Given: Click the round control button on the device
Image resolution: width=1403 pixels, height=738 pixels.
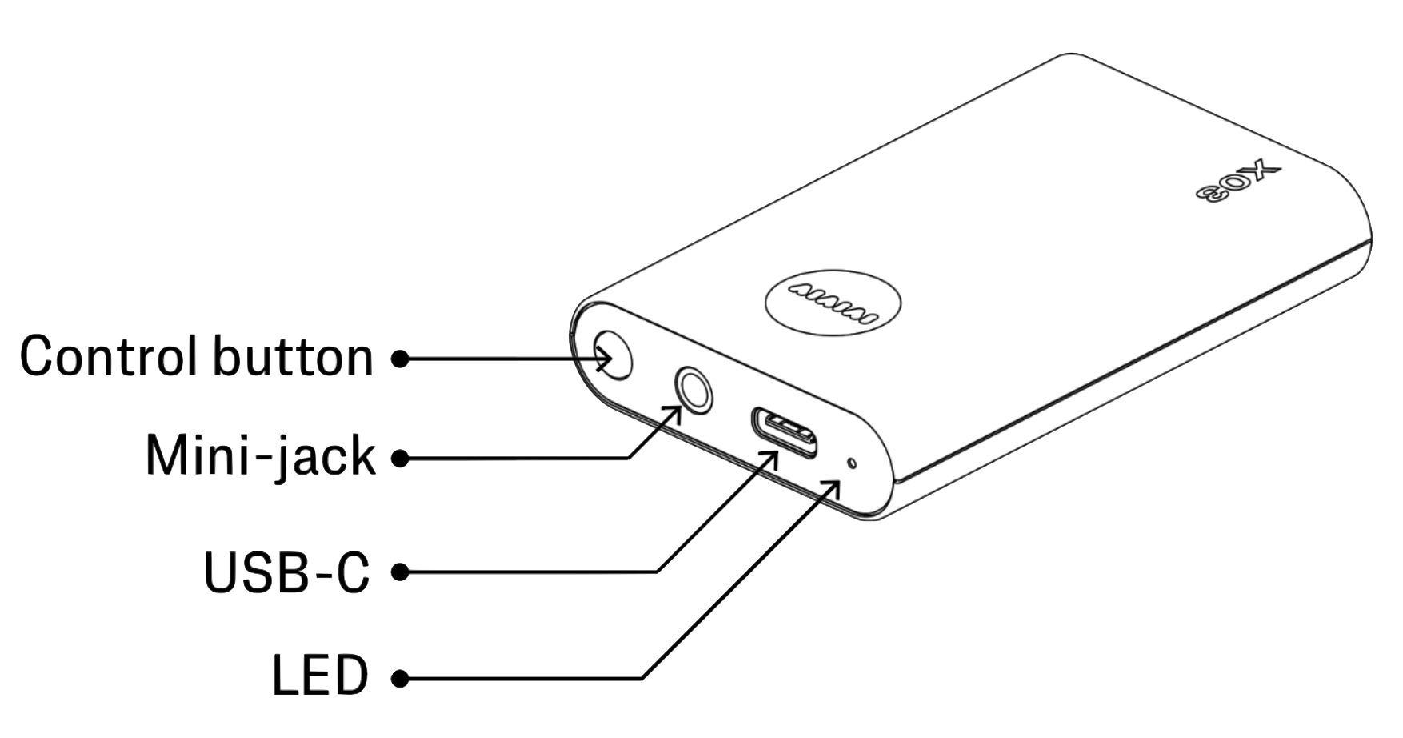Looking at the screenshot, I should click(614, 355).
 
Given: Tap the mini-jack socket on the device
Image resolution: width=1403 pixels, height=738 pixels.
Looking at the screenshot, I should click(693, 390).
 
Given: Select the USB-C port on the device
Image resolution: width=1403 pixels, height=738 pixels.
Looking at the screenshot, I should click(784, 432).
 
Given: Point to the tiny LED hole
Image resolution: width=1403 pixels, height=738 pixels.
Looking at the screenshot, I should click(853, 463).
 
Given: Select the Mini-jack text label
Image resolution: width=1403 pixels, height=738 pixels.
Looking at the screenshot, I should click(261, 457).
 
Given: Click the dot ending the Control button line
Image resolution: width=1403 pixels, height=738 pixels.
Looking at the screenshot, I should click(400, 359).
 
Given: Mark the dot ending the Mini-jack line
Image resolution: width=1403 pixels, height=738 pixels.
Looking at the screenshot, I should click(400, 459).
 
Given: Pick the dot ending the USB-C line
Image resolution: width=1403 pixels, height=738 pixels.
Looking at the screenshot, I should click(400, 572).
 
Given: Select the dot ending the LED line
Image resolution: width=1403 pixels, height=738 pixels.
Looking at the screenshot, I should click(400, 680).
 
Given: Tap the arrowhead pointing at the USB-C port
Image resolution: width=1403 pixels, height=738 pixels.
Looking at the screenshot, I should click(769, 459).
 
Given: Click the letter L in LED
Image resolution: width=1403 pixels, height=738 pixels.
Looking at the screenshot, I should click(284, 677).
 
